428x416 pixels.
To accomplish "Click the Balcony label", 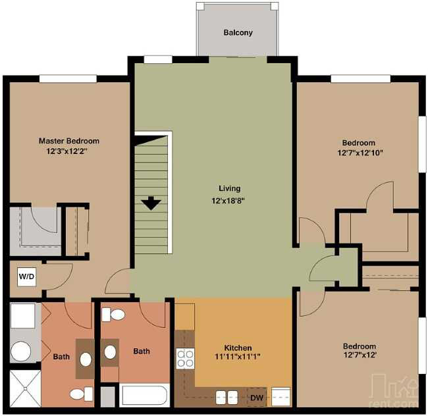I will (x=238, y=32).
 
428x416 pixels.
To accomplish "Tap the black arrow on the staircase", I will (x=151, y=203).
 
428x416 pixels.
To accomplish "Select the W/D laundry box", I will (x=26, y=276).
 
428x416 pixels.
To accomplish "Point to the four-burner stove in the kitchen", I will (x=185, y=359).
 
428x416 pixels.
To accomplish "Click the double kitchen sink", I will (x=227, y=397).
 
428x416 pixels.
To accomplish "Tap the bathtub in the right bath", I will (x=146, y=396).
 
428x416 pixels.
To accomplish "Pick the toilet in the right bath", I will (x=117, y=315).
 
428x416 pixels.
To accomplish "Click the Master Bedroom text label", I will (x=68, y=141).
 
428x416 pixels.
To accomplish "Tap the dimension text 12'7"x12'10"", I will (x=358, y=153).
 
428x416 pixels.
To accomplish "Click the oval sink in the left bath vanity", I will (x=86, y=359).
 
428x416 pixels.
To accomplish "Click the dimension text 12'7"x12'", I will (x=359, y=357).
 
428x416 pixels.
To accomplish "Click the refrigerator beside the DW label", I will (x=281, y=396).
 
